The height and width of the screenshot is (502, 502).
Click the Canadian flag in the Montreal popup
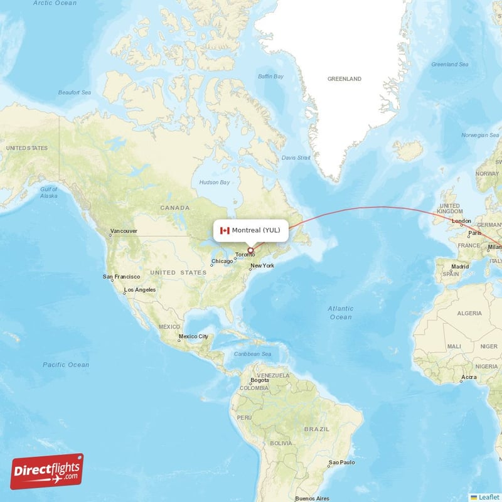pos(224,230)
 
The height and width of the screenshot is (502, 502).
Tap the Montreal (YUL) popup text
pos(256,230)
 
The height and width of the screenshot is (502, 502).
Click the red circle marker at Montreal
pos(251,251)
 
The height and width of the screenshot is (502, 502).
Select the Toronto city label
pos(245,255)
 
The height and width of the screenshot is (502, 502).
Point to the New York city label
pos(262,266)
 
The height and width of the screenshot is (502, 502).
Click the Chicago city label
pos(222,261)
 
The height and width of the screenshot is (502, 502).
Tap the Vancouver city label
pos(124,231)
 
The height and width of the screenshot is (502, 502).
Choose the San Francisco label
pos(122,277)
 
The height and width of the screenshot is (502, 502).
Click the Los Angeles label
pos(140,290)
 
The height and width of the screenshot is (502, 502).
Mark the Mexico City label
pos(193,336)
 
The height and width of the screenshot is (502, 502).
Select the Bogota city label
pos(260,380)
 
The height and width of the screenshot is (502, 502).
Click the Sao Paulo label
pos(342,463)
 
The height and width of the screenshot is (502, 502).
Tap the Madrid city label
pos(460,266)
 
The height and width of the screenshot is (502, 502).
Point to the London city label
pos(461,221)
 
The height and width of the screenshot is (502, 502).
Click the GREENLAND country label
pos(344,79)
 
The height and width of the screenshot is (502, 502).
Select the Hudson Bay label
pos(215,182)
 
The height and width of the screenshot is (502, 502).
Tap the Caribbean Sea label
pos(253,355)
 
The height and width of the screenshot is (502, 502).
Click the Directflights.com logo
pos(47,471)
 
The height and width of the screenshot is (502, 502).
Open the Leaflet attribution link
pos(488,496)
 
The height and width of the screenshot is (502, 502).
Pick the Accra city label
pos(468,377)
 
